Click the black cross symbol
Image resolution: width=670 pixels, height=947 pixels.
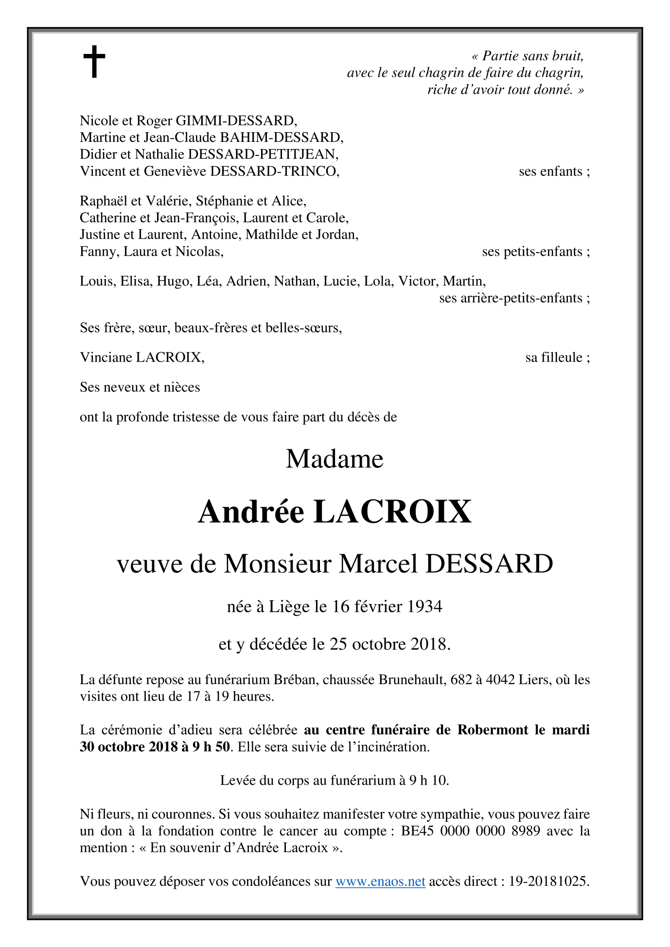point(94,62)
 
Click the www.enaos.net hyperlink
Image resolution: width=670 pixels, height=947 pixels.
point(380,881)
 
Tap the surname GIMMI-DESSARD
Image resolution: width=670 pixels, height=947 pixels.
point(236,121)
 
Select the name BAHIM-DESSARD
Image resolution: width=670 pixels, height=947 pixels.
point(282,138)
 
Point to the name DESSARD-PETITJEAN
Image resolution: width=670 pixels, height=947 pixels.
point(263,155)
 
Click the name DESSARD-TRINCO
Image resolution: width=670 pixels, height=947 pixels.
point(274,172)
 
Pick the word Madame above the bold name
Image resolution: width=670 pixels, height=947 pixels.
point(335,459)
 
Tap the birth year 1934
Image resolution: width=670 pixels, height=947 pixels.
point(424,606)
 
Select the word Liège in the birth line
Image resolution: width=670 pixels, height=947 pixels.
point(289,606)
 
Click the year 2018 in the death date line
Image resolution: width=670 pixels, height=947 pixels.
point(428,644)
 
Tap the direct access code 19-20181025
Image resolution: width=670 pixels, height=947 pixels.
point(548,881)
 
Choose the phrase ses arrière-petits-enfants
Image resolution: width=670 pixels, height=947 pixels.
point(514,298)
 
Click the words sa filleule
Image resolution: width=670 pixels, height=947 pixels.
point(557,358)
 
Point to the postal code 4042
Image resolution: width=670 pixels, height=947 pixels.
point(500,679)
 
